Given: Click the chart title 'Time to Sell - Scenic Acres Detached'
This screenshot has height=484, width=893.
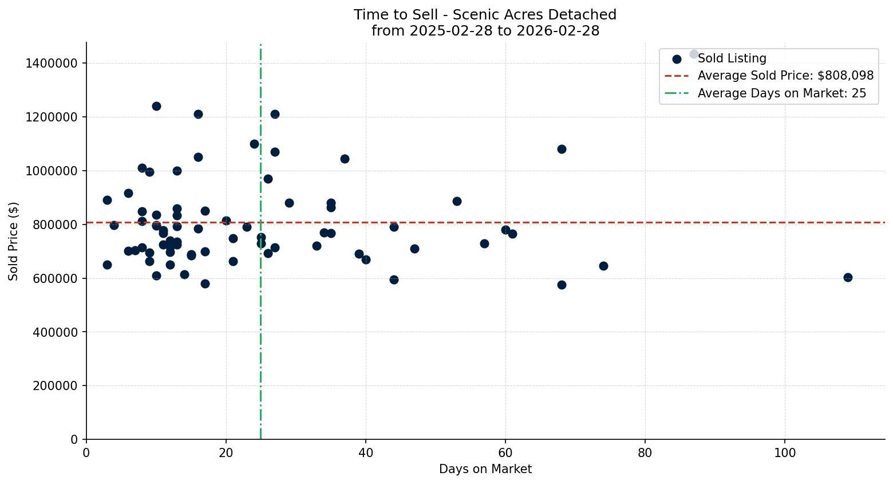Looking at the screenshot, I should pyautogui.click(x=485, y=15).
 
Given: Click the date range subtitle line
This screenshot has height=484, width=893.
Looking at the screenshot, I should pyautogui.click(x=485, y=31).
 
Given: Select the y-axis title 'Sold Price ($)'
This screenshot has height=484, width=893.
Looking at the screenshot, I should pyautogui.click(x=14, y=241).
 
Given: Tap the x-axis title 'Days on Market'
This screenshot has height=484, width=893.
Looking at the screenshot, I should pyautogui.click(x=485, y=469).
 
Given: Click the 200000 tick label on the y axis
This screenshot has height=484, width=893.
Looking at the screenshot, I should pyautogui.click(x=54, y=385).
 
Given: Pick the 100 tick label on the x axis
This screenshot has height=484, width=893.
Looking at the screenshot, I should pyautogui.click(x=784, y=452).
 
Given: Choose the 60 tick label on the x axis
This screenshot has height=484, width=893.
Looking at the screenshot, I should pyautogui.click(x=505, y=452).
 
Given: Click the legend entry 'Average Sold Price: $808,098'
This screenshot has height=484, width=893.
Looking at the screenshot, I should pyautogui.click(x=785, y=76).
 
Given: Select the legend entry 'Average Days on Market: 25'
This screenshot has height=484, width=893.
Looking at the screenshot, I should pyautogui.click(x=781, y=93).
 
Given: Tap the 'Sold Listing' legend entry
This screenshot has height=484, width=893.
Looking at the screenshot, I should pyautogui.click(x=732, y=58).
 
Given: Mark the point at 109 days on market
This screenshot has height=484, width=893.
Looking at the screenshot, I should pyautogui.click(x=848, y=277).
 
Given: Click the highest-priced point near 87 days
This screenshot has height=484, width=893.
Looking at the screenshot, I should pyautogui.click(x=694, y=54).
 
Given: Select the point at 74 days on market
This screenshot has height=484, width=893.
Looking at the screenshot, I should pyautogui.click(x=603, y=266).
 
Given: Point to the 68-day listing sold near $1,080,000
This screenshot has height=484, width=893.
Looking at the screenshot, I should pyautogui.click(x=562, y=149).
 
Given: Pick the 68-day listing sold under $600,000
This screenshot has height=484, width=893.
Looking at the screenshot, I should pyautogui.click(x=562, y=285).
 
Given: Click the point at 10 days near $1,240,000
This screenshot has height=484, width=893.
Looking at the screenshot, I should pyautogui.click(x=156, y=106).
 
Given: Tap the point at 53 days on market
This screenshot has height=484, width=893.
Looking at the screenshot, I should pyautogui.click(x=457, y=201).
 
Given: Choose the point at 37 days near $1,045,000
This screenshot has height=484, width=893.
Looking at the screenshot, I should pyautogui.click(x=345, y=159).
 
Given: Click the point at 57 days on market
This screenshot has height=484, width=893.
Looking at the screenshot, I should pyautogui.click(x=484, y=243).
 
